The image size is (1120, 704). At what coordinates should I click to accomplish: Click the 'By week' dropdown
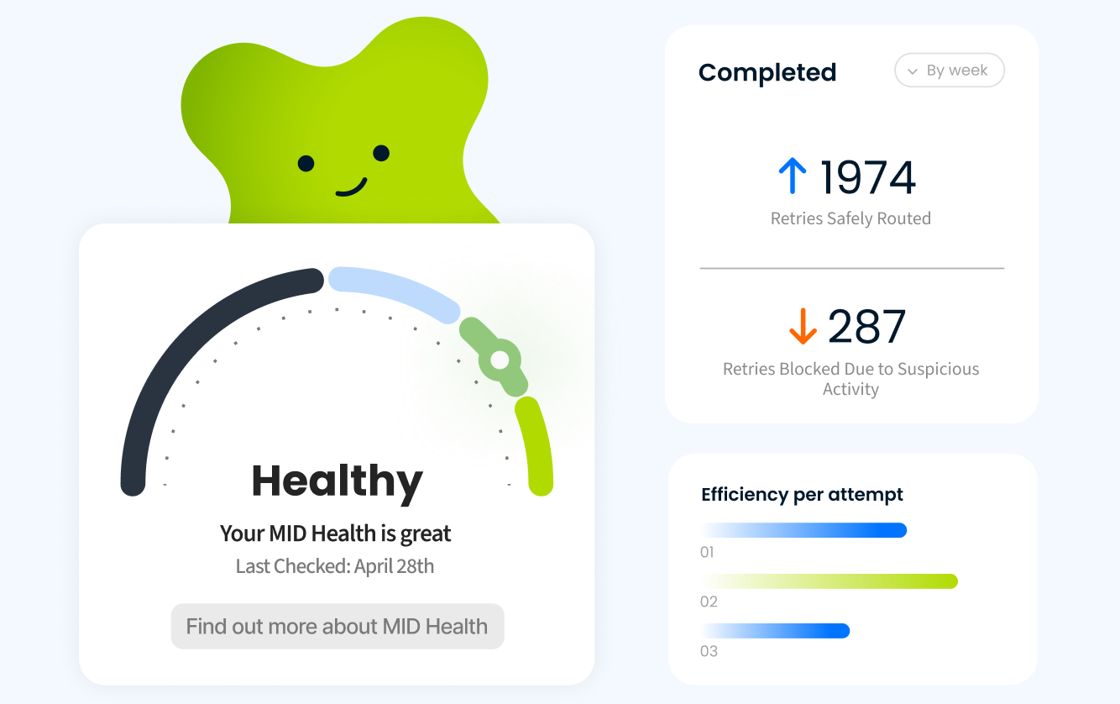click(950, 71)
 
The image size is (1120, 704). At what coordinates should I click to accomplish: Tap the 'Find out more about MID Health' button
click(337, 626)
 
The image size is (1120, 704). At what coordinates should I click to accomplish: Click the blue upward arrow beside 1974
click(792, 177)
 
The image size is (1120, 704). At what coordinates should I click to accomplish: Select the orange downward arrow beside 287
click(803, 327)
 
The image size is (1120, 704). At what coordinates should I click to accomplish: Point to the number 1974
click(867, 177)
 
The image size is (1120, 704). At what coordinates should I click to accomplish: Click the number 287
click(866, 327)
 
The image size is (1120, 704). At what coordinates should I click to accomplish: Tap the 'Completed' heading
click(767, 72)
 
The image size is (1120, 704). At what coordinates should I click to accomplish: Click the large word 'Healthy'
click(337, 481)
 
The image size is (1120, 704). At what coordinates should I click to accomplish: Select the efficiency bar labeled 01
click(803, 530)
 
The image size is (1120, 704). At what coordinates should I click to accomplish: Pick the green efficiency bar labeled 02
click(830, 581)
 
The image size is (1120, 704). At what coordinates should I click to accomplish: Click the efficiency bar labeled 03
click(776, 630)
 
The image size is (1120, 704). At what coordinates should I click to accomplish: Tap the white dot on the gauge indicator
click(500, 360)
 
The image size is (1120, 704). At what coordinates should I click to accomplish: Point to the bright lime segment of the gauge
click(536, 445)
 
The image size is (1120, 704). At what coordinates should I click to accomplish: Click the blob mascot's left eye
click(306, 163)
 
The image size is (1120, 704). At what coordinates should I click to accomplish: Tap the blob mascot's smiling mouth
click(352, 187)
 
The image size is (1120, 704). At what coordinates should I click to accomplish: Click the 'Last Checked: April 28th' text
click(335, 566)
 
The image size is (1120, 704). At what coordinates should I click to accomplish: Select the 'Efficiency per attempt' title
click(802, 495)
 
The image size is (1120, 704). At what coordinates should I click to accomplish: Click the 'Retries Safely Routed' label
click(850, 218)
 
